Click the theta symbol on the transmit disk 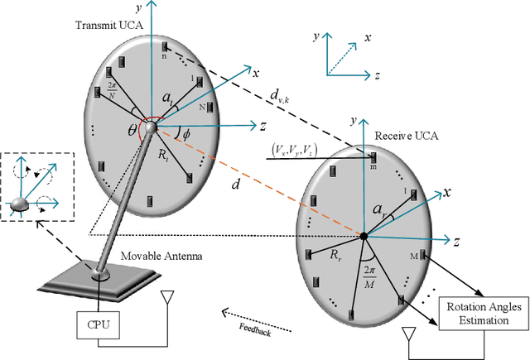click(133, 130)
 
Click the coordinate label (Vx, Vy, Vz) click(300, 151)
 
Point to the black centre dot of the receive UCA click(364, 238)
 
